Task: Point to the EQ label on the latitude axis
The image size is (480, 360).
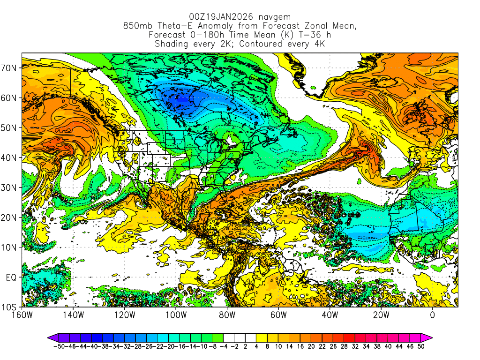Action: click(x=11, y=277)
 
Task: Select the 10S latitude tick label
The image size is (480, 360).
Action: click(x=9, y=307)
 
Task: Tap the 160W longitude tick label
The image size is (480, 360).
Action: click(x=22, y=315)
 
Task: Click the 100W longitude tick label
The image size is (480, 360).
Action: click(x=176, y=315)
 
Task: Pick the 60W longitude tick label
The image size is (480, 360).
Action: click(x=278, y=315)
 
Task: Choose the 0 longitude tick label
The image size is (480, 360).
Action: click(x=432, y=315)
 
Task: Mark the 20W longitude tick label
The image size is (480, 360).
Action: click(x=381, y=315)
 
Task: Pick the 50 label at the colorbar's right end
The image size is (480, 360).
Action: click(x=421, y=347)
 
